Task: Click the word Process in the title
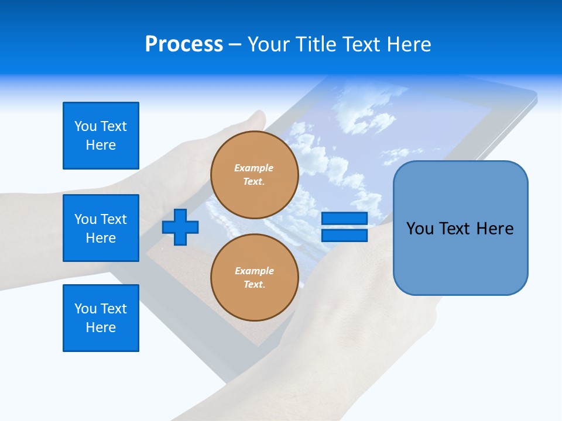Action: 184,44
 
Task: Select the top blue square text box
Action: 101,136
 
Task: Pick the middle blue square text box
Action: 101,228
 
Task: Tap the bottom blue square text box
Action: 101,318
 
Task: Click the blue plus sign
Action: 180,227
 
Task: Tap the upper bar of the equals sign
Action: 344,218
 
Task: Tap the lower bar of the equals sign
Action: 344,236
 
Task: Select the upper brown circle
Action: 254,175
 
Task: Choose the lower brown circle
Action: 254,278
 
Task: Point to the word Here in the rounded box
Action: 495,229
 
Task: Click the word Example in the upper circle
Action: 254,168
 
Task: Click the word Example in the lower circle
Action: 254,271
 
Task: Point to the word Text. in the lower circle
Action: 254,285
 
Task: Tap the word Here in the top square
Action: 101,145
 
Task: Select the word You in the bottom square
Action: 85,309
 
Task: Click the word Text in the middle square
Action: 114,219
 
